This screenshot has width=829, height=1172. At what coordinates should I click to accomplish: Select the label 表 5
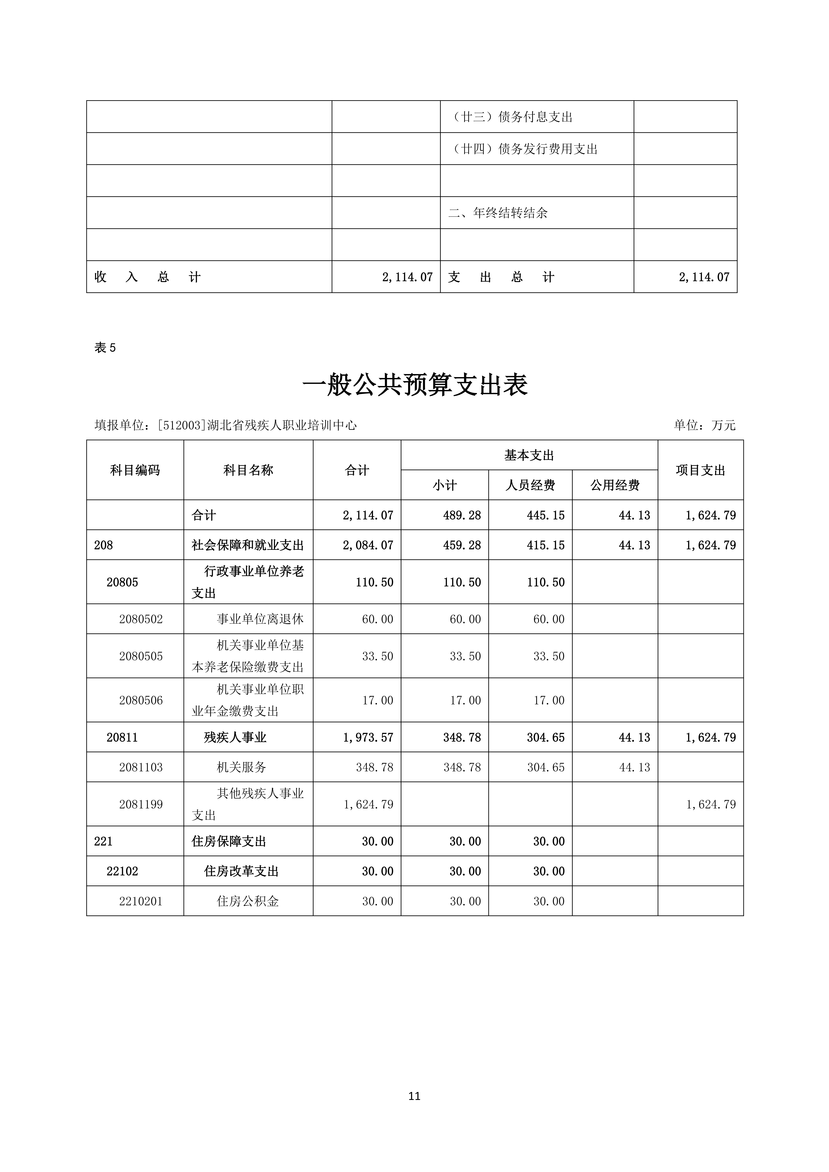tap(105, 348)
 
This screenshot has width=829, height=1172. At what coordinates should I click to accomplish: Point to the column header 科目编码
tap(135, 470)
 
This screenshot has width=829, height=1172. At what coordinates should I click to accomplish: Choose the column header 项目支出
tap(700, 470)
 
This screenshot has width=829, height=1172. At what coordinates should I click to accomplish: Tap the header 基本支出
tap(529, 455)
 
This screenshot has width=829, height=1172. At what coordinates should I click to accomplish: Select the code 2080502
tap(141, 619)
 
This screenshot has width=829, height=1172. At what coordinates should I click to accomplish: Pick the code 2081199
tap(141, 804)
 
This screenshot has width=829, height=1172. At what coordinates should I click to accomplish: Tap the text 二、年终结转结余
tap(498, 213)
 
